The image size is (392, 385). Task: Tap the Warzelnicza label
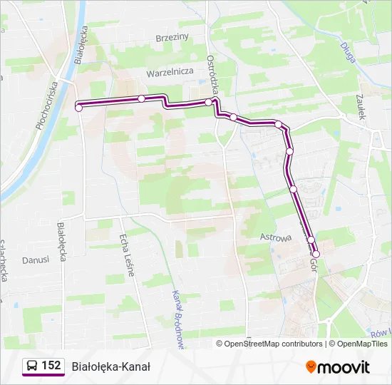[x=170, y=72]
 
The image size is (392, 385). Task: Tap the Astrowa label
[x=276, y=237]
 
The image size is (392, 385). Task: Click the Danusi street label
[x=36, y=260]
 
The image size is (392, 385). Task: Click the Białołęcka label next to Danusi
[x=61, y=242]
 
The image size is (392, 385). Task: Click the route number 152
[x=51, y=366]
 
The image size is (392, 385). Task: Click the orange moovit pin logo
[x=311, y=367]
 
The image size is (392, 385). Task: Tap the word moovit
[x=344, y=367]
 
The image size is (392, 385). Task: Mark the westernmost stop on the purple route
[x=79, y=108]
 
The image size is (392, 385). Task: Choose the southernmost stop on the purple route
[x=316, y=254]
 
